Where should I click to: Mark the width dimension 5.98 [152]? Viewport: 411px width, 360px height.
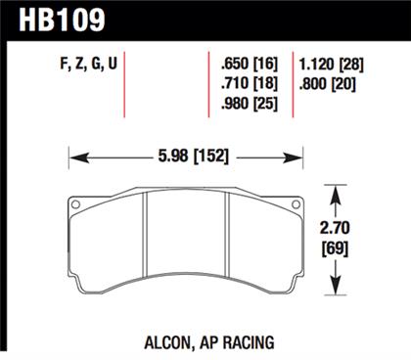(183, 154)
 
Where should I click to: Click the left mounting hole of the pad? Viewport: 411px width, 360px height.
(73, 204)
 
